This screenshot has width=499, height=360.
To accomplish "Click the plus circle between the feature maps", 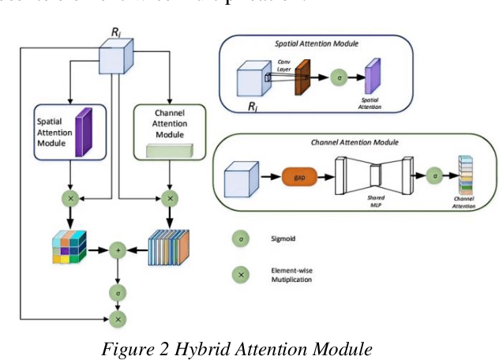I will (118, 249).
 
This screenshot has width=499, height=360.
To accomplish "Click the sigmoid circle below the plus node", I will (118, 292).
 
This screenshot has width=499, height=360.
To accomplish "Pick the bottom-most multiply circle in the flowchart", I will (118, 318).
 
